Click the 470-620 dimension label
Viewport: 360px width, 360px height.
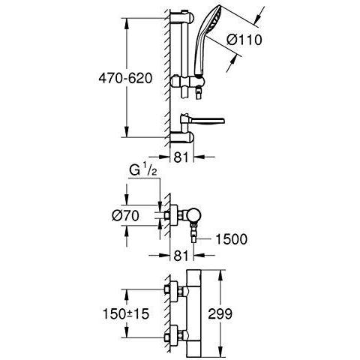pyautogui.click(x=125, y=79)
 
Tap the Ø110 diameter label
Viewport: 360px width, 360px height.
pyautogui.click(x=244, y=40)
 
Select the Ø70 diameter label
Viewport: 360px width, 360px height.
pyautogui.click(x=125, y=215)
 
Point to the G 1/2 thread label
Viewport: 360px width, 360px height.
pyautogui.click(x=143, y=171)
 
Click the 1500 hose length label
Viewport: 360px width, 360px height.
pyautogui.click(x=231, y=239)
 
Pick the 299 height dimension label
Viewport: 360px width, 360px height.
pyautogui.click(x=220, y=313)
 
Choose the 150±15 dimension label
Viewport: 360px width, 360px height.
pyautogui.click(x=126, y=313)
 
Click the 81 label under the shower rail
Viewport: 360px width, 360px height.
pyautogui.click(x=181, y=157)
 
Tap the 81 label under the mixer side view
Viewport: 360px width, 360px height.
pyautogui.click(x=181, y=256)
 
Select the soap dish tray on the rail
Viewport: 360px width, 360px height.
pyautogui.click(x=203, y=121)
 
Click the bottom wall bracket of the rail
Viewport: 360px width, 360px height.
pyautogui.click(x=182, y=138)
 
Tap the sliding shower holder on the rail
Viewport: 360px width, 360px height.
pyautogui.click(x=188, y=82)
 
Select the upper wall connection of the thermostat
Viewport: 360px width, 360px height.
pyautogui.click(x=175, y=289)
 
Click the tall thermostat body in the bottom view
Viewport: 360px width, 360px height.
pyautogui.click(x=193, y=313)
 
